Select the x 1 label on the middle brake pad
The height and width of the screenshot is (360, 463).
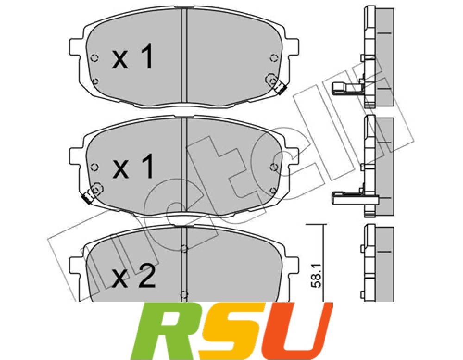pyautogui.click(x=133, y=167)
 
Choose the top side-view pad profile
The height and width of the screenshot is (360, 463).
pyautogui.click(x=377, y=56)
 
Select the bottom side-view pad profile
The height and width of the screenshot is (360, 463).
pyautogui.click(x=377, y=264)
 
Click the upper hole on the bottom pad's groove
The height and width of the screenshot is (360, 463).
pyautogui.click(x=184, y=249)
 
